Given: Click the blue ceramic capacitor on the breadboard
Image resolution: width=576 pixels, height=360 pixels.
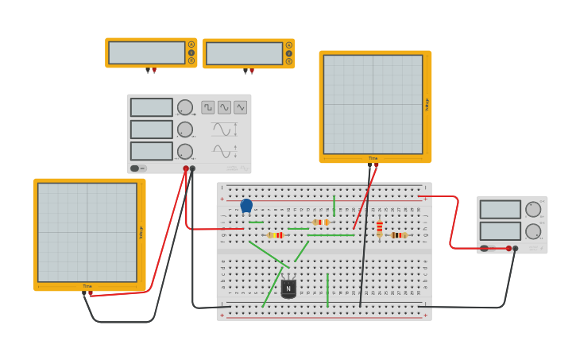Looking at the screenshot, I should pyautogui.click(x=246, y=206).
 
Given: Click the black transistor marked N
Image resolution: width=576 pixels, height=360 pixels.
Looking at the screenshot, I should pyautogui.click(x=288, y=288).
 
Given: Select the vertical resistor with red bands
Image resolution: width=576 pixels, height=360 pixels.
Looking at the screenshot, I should pyautogui.click(x=380, y=228).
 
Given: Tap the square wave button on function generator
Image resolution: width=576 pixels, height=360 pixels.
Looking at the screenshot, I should pyautogui.click(x=208, y=107).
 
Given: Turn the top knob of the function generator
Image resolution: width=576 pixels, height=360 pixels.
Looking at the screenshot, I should pyautogui.click(x=185, y=107).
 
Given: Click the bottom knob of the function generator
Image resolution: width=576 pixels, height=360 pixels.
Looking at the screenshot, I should pyautogui.click(x=185, y=151).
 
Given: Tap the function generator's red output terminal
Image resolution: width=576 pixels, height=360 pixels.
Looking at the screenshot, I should pyautogui.click(x=186, y=168).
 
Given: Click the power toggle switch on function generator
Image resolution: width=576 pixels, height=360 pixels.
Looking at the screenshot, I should pyautogui.click(x=135, y=168).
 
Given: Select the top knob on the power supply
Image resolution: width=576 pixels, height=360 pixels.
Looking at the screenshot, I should pyautogui.click(x=533, y=210).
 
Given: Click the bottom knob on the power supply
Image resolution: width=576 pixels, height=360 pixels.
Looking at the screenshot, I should pyautogui.click(x=533, y=231).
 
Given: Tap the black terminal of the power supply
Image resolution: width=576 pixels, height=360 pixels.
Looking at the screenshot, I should pyautogui.click(x=516, y=249).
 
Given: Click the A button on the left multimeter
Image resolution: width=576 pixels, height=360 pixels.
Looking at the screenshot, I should pyautogui.click(x=191, y=45).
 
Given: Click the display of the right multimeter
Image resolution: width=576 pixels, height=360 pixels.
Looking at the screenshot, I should pyautogui.click(x=244, y=53).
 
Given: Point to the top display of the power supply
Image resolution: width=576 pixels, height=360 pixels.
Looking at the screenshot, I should pyautogui.click(x=501, y=210).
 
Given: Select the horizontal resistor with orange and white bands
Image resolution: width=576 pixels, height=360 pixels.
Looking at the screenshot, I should pyautogui.click(x=321, y=222).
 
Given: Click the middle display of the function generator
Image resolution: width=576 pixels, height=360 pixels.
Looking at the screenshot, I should pyautogui.click(x=151, y=129).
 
